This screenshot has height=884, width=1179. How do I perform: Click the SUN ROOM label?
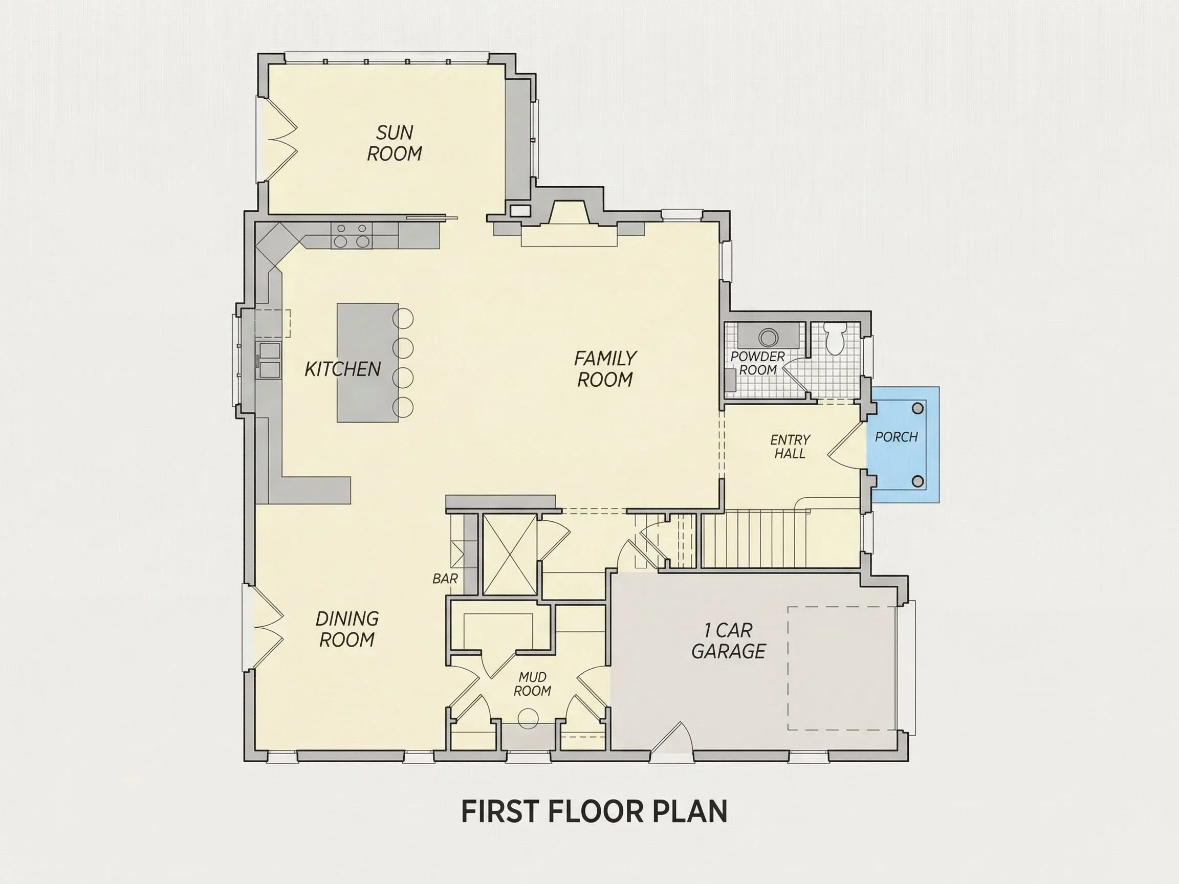point(395,143)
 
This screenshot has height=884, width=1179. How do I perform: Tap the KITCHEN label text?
point(343,369)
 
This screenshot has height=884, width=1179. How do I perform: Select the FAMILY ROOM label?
point(605,369)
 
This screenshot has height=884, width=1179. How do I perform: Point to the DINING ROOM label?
point(347,629)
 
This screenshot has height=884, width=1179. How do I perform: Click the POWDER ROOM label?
point(757,363)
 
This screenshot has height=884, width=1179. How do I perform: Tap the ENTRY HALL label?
point(790,447)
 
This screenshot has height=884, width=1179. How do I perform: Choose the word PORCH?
point(897,437)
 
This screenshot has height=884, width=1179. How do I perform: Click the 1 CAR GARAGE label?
point(728,641)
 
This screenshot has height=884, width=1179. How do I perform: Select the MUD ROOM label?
point(532,684)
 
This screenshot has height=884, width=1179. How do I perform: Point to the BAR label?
point(445,579)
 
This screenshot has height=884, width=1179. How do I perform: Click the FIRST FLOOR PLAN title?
point(594,811)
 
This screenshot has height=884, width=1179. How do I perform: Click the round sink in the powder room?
point(768,337)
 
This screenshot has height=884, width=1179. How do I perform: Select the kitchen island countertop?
point(368,363)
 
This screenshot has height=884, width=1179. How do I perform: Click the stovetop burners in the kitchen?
point(352,235)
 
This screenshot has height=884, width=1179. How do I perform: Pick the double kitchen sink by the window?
point(269,361)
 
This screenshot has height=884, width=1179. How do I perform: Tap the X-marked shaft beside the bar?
point(510,555)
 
